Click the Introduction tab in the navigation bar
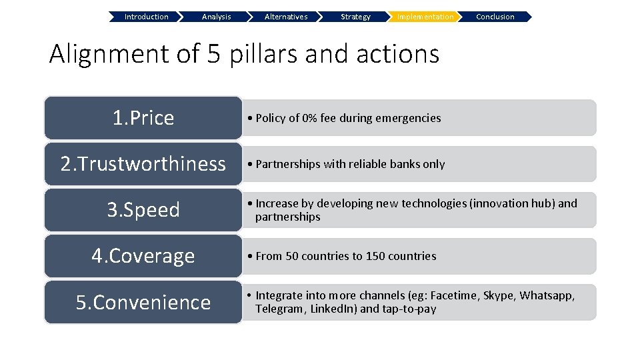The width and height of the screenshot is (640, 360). pyautogui.click(x=146, y=17)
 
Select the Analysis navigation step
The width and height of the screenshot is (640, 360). pyautogui.click(x=216, y=17)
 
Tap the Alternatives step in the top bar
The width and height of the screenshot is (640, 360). pyautogui.click(x=286, y=17)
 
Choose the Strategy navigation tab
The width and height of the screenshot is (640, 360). pyautogui.click(x=355, y=17)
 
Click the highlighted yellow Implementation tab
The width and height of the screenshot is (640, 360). pyautogui.click(x=425, y=17)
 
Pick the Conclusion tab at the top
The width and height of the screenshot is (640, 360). pyautogui.click(x=495, y=17)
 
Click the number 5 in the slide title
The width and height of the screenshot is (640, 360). pyautogui.click(x=213, y=54)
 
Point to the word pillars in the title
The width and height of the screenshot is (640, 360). pyautogui.click(x=263, y=54)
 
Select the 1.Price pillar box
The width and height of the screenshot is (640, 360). pyautogui.click(x=143, y=118)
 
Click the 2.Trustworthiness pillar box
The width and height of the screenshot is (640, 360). pyautogui.click(x=143, y=164)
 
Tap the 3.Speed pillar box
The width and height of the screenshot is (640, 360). pyautogui.click(x=143, y=210)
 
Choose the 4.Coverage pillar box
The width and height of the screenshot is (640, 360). pyautogui.click(x=143, y=256)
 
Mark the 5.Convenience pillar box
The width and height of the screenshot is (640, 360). pyautogui.click(x=143, y=302)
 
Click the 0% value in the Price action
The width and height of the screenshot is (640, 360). pyautogui.click(x=309, y=118)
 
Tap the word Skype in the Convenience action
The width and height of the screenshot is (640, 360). pyautogui.click(x=498, y=295)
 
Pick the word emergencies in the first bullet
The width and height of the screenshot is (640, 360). pyautogui.click(x=407, y=118)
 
